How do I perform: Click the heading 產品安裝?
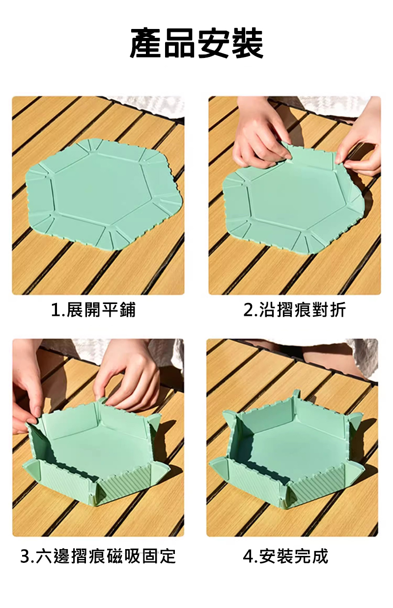coord(196,44)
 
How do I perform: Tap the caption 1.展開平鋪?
coord(93,310)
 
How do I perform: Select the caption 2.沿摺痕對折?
coord(294,310)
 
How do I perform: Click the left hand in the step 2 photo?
coord(261,133)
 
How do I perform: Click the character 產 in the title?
coord(146,44)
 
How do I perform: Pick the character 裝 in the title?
coord(247,44)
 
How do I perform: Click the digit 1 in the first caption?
coord(55,310)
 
